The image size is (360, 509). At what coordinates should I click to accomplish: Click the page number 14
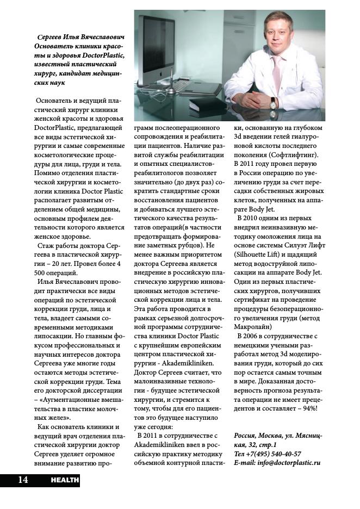point(22,479)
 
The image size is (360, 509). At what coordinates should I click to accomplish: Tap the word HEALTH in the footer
point(65,480)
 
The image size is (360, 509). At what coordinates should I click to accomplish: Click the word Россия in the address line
point(246,436)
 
